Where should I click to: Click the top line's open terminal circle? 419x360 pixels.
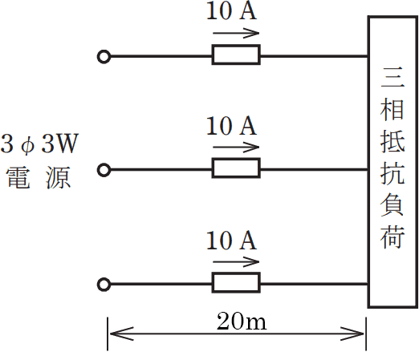[x=103, y=56]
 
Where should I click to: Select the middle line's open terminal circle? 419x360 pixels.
[x=103, y=169]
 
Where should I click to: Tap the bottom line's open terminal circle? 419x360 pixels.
[x=103, y=284]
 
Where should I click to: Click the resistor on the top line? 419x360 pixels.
[x=236, y=55]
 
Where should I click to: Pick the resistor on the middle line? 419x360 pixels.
[x=236, y=168]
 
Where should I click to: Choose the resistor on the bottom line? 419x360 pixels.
[x=236, y=283]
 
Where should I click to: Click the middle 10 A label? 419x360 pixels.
[x=231, y=126]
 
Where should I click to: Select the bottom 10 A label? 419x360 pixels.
[x=231, y=241]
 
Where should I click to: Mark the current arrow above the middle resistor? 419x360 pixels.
[x=237, y=147]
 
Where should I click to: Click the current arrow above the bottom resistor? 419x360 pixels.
[x=237, y=261]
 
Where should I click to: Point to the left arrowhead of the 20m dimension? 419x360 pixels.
[x=113, y=332]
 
